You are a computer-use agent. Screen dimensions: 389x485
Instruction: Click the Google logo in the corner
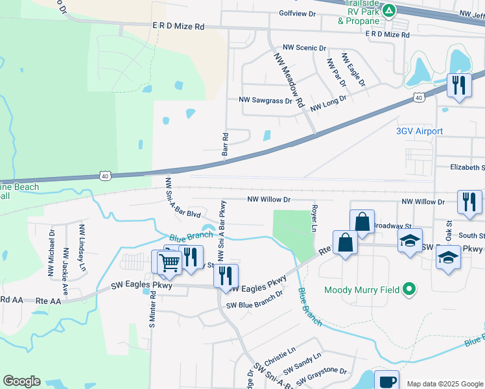22,381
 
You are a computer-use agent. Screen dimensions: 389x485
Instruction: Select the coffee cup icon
387,381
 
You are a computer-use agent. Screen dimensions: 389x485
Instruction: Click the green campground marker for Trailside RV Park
388,10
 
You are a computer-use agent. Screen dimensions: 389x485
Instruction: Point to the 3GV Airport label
420,131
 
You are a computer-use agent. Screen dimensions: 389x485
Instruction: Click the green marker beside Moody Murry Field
408,290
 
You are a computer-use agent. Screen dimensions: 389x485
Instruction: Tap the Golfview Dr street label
297,13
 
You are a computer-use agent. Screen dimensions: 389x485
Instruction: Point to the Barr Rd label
226,147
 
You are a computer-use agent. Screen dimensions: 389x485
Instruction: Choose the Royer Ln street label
314,219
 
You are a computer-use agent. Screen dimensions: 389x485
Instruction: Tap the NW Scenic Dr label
304,48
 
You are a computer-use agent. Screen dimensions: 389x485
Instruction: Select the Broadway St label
393,225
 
